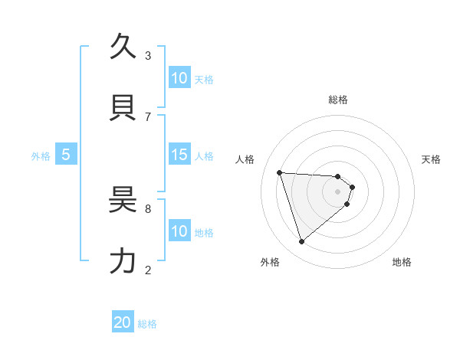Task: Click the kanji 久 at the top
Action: coord(124,47)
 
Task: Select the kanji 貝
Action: coord(124,108)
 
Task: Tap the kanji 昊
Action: coord(124,200)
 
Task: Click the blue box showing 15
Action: coord(179,155)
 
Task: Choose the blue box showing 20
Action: coord(123,323)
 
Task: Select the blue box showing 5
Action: coord(66,155)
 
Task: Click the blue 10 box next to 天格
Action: coord(179,78)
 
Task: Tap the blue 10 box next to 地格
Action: coord(179,231)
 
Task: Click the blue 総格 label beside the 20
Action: coord(147,324)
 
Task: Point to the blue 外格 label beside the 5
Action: coord(41,155)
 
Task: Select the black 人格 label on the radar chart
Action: coord(245,159)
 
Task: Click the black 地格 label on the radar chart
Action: coord(402,262)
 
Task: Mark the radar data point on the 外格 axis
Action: coord(301,242)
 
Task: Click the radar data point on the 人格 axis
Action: coord(280,172)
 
